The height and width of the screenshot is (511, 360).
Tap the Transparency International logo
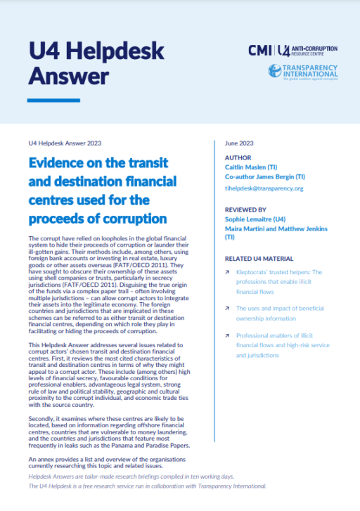coord(302,72)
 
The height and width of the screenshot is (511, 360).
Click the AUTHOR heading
coord(238,157)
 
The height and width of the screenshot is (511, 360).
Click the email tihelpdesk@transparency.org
coord(264,188)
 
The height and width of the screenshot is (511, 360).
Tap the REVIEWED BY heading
coord(245,209)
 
